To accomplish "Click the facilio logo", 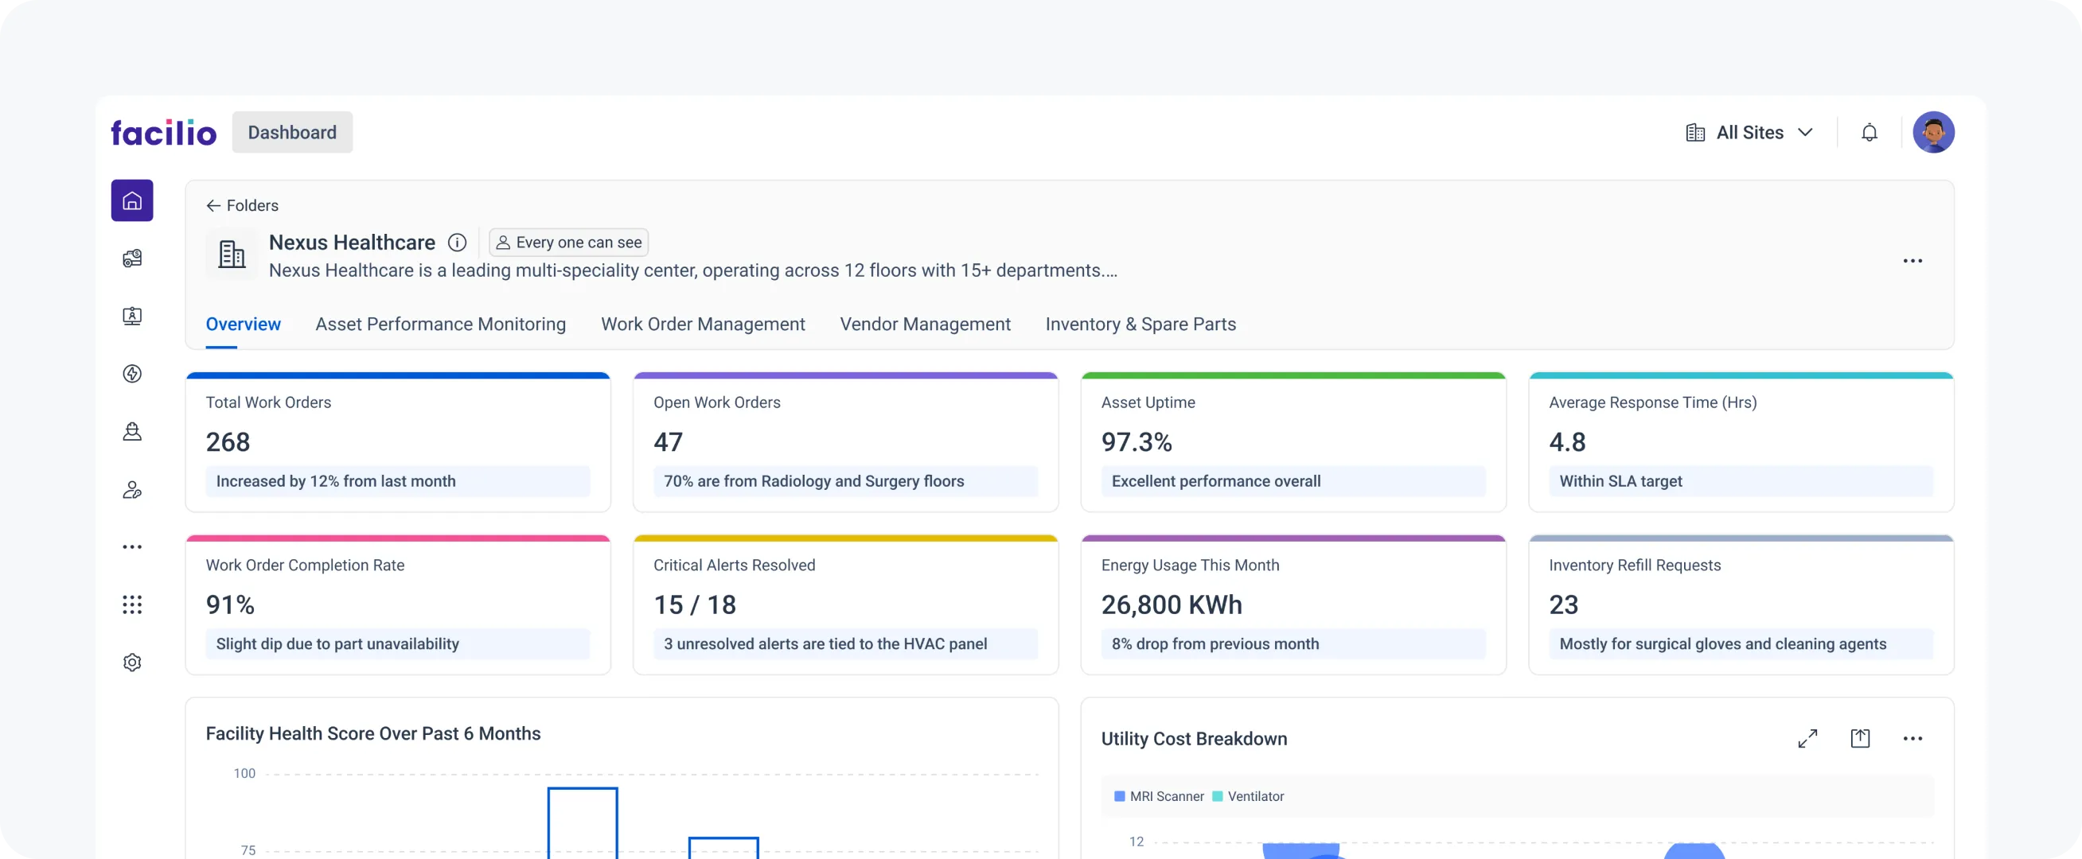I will pos(163,133).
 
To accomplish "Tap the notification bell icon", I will pos(1869,133).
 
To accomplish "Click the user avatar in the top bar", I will pos(1932,133).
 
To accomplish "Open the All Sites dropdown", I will pos(1749,133).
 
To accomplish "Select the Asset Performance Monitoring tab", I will pos(440,324).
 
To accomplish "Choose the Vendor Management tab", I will pos(925,324).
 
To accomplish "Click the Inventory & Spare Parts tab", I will pos(1140,324).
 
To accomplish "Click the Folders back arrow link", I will pos(242,205).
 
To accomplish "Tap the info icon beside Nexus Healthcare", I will pos(457,243).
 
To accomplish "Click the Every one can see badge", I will pos(568,243).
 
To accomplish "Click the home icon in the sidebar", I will pos(132,200).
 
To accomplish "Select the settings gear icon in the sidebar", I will pos(132,663).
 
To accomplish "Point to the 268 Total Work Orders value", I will pos(228,442).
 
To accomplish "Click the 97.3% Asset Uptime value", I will pos(1136,442).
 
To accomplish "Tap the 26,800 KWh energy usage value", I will pos(1172,604).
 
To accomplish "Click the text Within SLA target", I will pos(1620,482).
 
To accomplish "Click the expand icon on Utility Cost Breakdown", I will pos(1807,739).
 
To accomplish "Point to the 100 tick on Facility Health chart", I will pos(244,773).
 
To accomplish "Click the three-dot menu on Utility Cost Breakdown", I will pos(1912,739).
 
